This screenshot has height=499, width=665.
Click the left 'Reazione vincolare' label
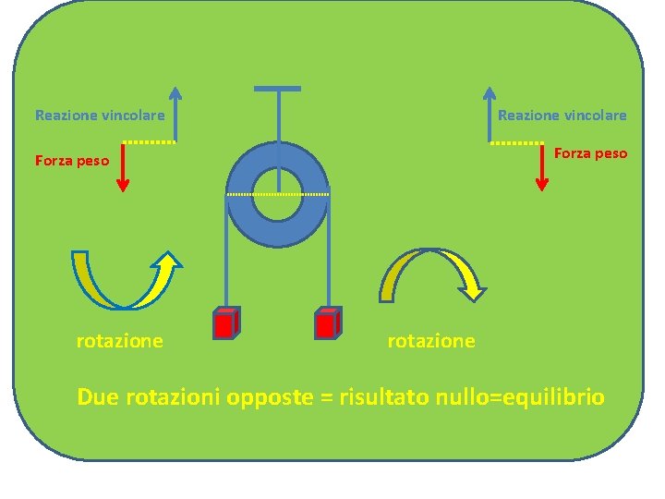tap(100, 116)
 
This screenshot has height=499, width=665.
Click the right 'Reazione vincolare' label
tap(562, 116)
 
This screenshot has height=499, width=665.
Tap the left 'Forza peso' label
tap(72, 161)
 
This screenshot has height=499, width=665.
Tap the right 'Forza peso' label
tap(590, 153)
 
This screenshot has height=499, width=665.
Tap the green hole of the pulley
tap(277, 194)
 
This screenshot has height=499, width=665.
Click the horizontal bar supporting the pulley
tap(277, 89)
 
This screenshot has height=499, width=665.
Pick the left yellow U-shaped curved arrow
tap(125, 282)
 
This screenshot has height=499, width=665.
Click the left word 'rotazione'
tap(119, 341)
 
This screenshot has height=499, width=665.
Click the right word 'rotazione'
tap(431, 341)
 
